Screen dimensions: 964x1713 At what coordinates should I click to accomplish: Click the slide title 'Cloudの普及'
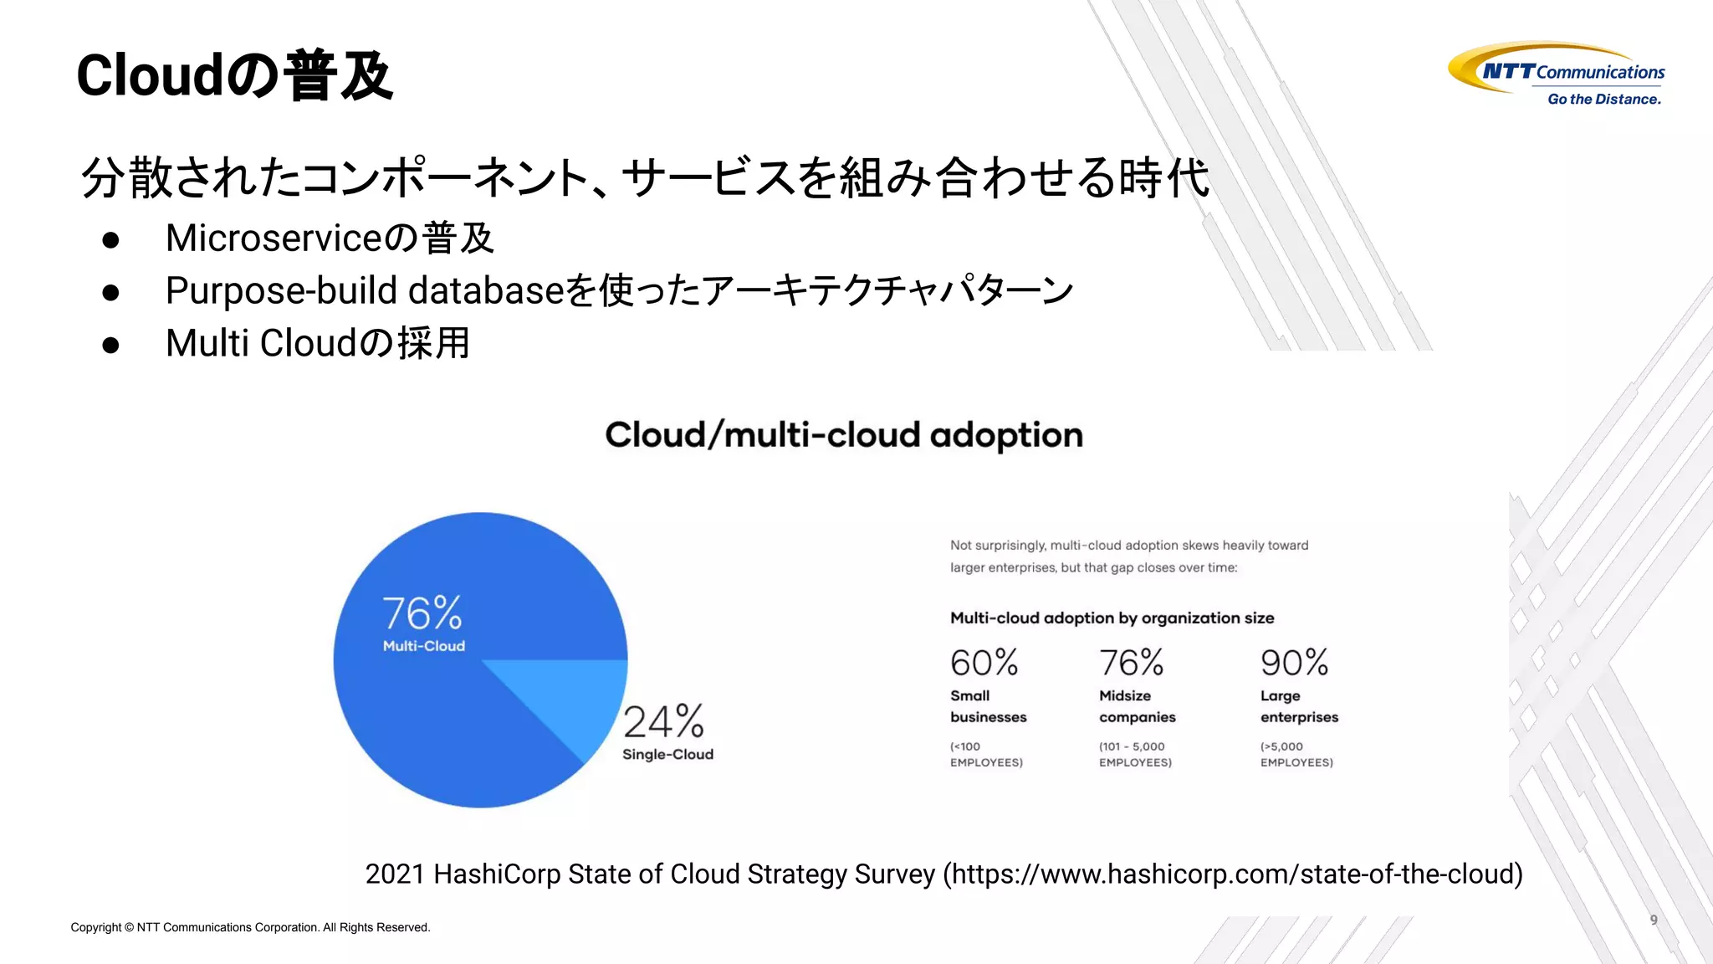(234, 75)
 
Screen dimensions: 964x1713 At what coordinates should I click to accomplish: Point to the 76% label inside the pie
(422, 613)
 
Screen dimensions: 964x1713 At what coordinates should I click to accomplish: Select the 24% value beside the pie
(664, 721)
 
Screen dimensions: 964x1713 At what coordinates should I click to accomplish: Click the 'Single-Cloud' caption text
(667, 754)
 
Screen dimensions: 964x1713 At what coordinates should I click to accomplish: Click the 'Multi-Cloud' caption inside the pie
(424, 646)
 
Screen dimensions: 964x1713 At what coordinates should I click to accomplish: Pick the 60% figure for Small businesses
(984, 663)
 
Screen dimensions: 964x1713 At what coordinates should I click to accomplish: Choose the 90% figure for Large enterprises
(1294, 663)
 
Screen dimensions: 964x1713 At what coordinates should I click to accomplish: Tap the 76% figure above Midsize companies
(1131, 663)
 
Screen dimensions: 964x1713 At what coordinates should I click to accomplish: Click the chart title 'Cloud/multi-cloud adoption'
(844, 435)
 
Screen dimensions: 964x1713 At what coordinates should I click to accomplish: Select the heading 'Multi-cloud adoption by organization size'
(1112, 618)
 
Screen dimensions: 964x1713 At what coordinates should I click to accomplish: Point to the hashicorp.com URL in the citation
(1235, 874)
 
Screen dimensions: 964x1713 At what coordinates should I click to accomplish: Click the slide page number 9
(1654, 920)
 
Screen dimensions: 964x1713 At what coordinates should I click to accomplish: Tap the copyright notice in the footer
(250, 927)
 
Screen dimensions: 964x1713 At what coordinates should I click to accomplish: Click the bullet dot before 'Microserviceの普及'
(110, 240)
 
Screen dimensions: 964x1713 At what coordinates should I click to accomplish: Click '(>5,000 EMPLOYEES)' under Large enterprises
(1296, 754)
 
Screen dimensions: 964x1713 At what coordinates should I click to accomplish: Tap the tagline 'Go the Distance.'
(1604, 99)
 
